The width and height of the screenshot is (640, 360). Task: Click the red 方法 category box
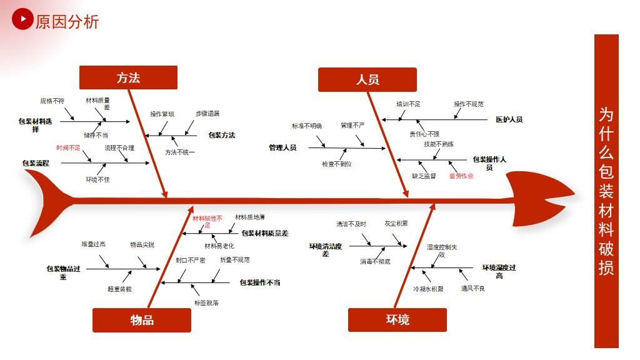(x=128, y=77)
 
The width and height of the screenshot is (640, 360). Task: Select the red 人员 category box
(x=367, y=79)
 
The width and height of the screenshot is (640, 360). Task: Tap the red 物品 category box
(x=142, y=320)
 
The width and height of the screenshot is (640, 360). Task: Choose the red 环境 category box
(x=397, y=320)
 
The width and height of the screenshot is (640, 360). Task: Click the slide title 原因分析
(x=67, y=22)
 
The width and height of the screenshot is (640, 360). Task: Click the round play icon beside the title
(x=22, y=19)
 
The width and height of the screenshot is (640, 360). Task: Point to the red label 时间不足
(x=68, y=148)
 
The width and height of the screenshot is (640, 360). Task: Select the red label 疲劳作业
(x=461, y=176)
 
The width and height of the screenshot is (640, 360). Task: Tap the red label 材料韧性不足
(x=207, y=221)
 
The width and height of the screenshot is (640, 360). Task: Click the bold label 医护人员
(x=509, y=119)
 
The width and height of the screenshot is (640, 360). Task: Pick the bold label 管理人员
(x=282, y=148)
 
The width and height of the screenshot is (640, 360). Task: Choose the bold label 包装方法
(x=222, y=135)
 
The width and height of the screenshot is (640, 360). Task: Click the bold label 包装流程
(x=36, y=163)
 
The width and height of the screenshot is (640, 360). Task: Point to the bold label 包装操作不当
(x=260, y=282)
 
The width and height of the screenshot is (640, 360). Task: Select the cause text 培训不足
(x=408, y=104)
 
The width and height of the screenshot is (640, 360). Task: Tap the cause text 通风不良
(x=473, y=289)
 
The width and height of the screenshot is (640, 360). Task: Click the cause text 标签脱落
(x=206, y=302)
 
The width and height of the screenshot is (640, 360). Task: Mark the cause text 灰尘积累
(x=396, y=223)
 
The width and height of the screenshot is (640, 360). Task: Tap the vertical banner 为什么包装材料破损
(x=606, y=191)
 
